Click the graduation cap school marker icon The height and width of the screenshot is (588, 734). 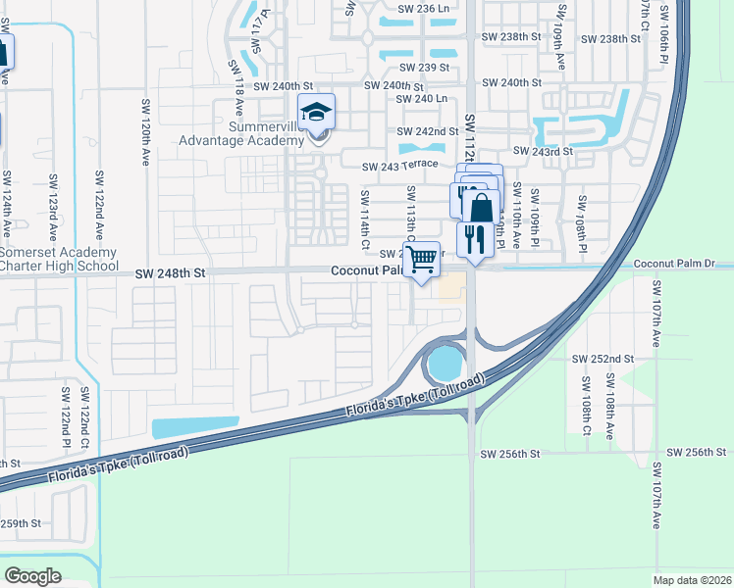317,113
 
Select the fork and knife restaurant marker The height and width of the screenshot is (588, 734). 475,240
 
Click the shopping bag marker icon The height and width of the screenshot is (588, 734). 481,208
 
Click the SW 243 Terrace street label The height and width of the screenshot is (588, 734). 398,168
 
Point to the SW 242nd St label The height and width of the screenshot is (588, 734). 428,131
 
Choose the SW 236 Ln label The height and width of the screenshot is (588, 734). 424,8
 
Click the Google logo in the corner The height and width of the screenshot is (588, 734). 33,575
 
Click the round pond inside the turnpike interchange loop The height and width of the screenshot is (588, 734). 446,366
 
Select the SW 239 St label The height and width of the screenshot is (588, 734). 424,68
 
